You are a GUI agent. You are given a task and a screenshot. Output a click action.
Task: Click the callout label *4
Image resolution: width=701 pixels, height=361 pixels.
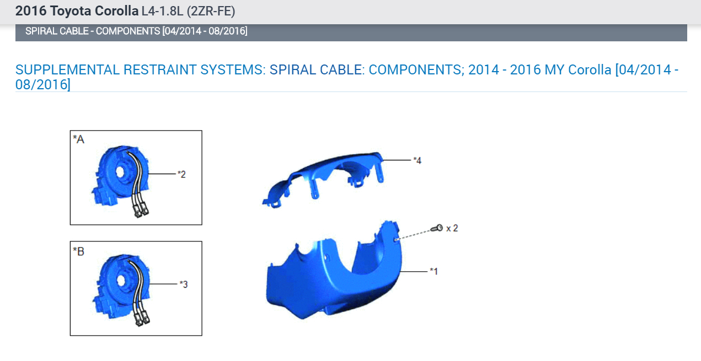(x=418, y=160)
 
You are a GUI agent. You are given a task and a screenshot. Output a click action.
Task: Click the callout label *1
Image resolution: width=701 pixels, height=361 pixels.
(x=434, y=271)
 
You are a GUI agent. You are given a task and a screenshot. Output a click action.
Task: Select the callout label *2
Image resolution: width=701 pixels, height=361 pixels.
(x=181, y=174)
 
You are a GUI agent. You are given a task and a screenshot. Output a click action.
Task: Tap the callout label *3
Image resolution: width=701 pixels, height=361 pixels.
(x=184, y=284)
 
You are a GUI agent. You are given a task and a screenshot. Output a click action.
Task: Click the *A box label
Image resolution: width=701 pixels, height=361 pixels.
(x=78, y=139)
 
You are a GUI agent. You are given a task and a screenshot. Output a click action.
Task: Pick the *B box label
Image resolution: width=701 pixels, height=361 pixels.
(x=78, y=251)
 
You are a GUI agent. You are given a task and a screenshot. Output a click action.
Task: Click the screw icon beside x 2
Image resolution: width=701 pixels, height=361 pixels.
(x=437, y=228)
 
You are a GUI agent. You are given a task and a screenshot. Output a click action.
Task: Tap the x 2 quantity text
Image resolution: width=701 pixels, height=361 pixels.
(x=452, y=228)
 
